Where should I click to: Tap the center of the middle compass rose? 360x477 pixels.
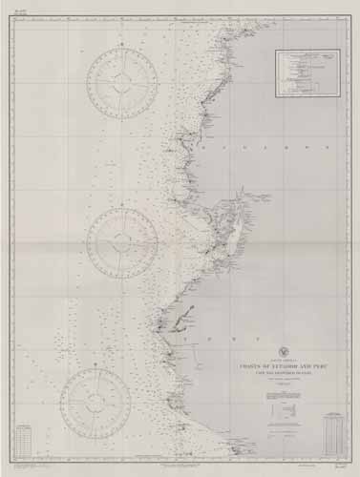121,241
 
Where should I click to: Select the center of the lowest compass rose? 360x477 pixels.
95,403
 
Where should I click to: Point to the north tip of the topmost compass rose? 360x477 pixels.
121,47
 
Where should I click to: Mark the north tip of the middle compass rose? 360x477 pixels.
121,206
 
